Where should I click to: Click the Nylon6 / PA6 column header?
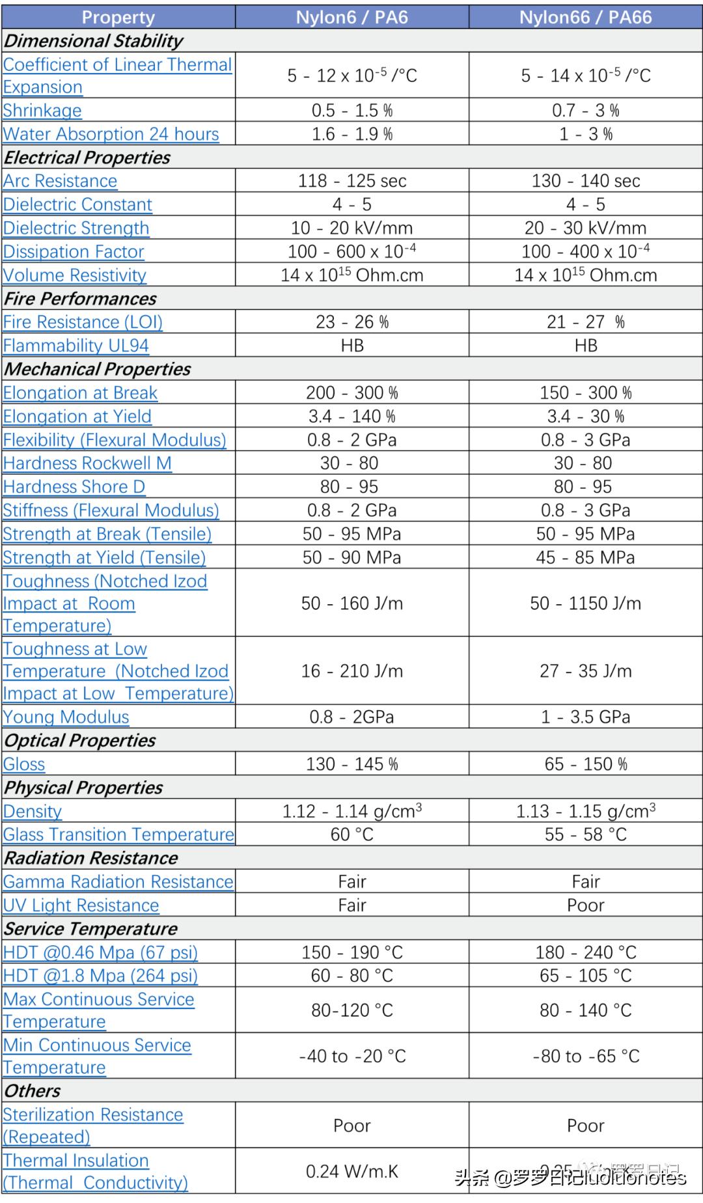(x=351, y=17)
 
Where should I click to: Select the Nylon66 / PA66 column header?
(x=585, y=17)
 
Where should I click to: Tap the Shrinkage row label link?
(x=42, y=111)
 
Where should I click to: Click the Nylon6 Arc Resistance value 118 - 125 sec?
(x=351, y=181)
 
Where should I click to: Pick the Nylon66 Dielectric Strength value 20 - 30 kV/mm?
(x=585, y=228)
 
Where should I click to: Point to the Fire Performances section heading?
(x=80, y=299)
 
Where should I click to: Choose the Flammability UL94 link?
(x=76, y=346)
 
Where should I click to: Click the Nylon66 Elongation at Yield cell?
(x=585, y=416)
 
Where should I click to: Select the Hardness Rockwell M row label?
(x=87, y=463)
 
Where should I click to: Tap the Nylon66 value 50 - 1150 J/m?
(x=585, y=603)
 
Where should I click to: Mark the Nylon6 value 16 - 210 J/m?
(x=351, y=671)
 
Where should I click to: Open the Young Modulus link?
(x=66, y=717)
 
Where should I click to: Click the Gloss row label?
(x=24, y=764)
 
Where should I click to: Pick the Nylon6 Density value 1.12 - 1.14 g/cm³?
(x=351, y=811)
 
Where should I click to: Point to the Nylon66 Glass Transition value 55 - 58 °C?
(x=585, y=835)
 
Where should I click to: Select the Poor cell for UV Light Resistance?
(x=585, y=906)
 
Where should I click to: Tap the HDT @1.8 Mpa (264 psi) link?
(x=100, y=976)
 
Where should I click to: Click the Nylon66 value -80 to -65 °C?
(x=585, y=1056)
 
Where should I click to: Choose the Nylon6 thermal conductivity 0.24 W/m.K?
(x=351, y=1172)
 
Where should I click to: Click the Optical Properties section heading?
(x=79, y=741)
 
